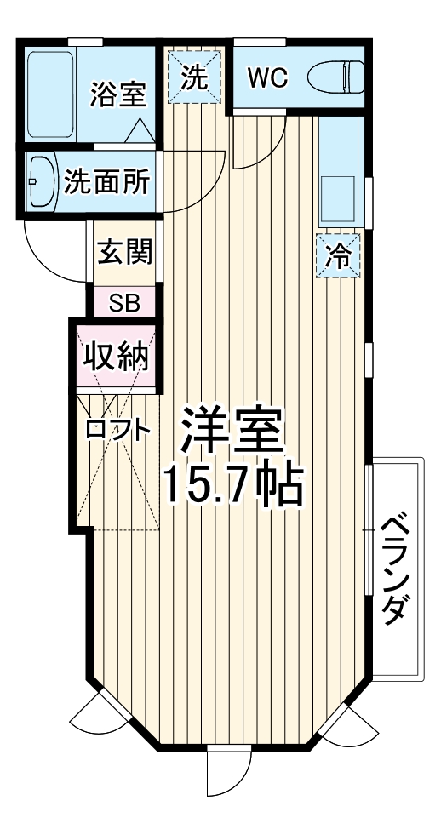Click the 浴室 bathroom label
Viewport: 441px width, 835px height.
click(x=118, y=93)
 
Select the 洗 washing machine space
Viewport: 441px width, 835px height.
click(x=197, y=78)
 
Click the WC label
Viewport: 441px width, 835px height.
click(x=267, y=78)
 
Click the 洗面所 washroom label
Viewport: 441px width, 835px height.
click(x=106, y=181)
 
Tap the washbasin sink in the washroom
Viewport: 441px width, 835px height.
click(x=40, y=181)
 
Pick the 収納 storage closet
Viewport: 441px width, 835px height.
click(x=116, y=356)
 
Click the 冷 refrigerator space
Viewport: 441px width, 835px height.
click(x=340, y=256)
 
